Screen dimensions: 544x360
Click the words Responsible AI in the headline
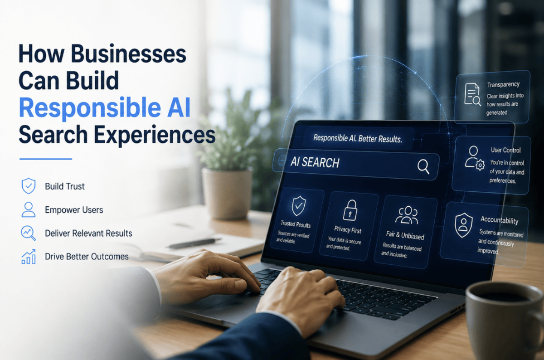point(105,108)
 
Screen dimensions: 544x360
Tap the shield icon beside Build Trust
point(29,186)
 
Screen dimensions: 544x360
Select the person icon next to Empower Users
point(29,209)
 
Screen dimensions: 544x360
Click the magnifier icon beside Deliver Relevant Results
point(28,233)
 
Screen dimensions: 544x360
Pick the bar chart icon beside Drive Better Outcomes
point(29,257)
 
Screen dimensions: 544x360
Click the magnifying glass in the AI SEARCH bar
point(423,167)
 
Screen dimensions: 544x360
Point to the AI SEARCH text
point(315,162)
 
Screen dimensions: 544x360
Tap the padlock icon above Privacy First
point(350,210)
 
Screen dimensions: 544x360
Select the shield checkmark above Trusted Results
point(298,206)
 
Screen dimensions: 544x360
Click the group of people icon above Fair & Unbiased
point(407,215)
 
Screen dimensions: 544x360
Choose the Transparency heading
point(503,85)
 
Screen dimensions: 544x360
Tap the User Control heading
point(505,150)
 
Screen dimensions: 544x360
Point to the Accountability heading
point(499,220)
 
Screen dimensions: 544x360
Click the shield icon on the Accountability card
point(463,225)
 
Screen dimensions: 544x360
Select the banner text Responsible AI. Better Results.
point(358,138)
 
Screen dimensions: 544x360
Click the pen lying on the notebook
point(194,243)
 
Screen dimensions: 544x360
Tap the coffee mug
point(505,321)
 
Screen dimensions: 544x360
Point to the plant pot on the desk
point(227,193)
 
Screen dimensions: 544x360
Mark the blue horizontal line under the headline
point(46,159)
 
